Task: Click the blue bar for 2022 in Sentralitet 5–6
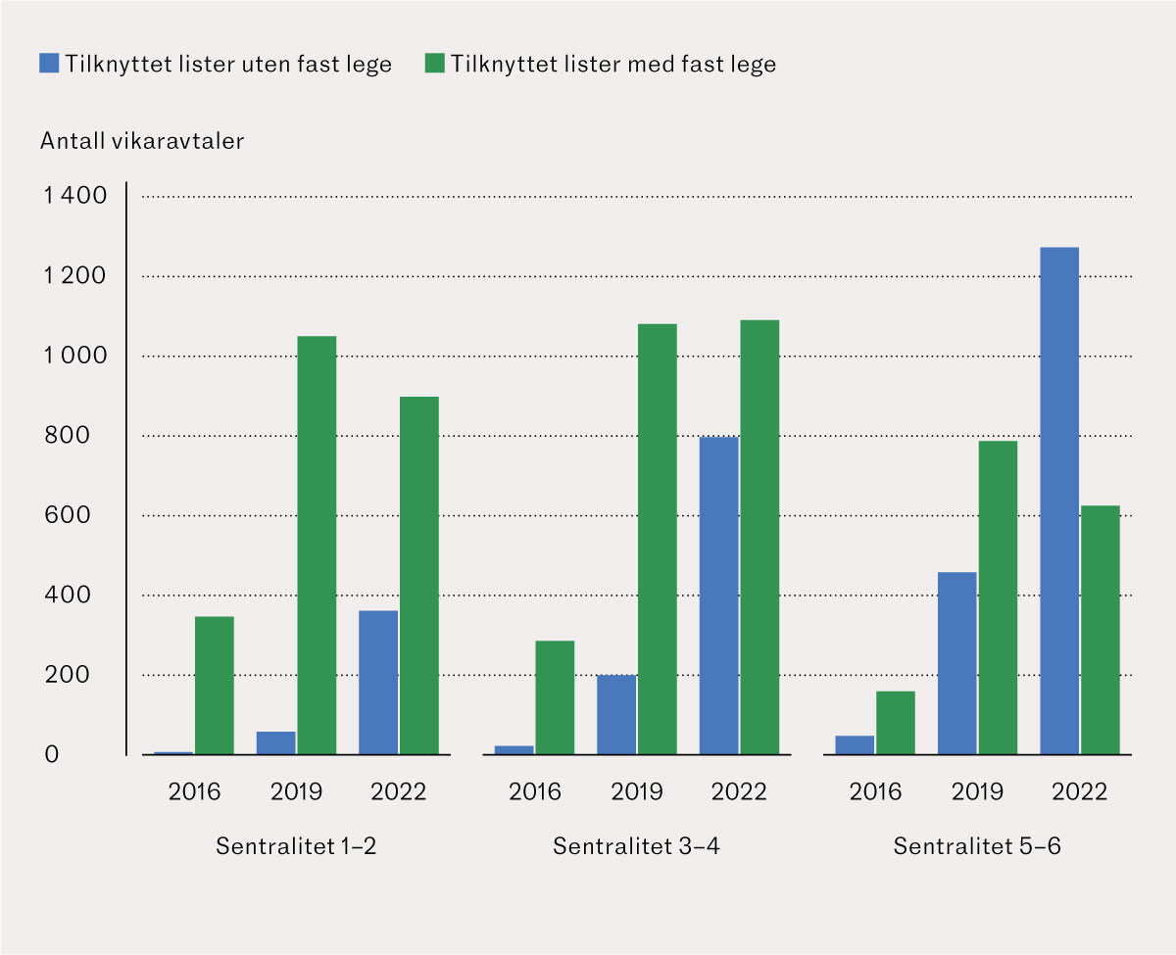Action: click(x=1058, y=501)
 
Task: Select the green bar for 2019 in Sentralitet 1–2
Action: click(x=317, y=546)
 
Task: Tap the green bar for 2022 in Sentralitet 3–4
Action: click(x=759, y=538)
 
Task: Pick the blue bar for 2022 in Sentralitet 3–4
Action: click(x=718, y=596)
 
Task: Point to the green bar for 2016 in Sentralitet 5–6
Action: click(x=896, y=723)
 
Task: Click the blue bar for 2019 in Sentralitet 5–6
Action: click(x=956, y=663)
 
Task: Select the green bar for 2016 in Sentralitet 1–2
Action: click(x=215, y=686)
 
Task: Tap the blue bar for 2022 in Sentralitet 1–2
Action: click(x=378, y=683)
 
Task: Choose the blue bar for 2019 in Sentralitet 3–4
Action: click(x=616, y=715)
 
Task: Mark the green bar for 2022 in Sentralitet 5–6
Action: click(x=1100, y=630)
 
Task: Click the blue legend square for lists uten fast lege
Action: click(x=49, y=64)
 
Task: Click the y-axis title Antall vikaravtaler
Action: click(x=142, y=141)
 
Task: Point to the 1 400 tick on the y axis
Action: click(x=74, y=197)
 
